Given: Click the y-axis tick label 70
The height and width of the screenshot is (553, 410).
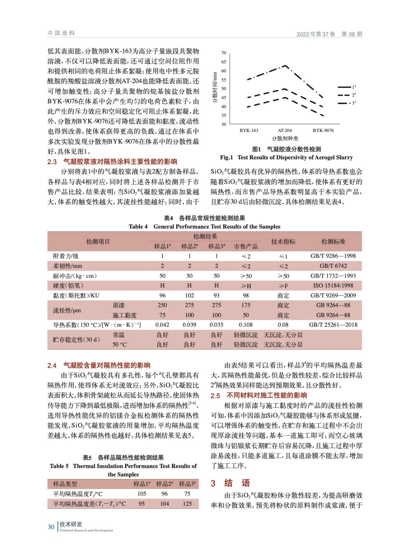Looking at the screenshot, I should [x=223, y=53].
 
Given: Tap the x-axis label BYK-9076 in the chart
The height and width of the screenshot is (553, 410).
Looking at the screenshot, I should [x=323, y=130].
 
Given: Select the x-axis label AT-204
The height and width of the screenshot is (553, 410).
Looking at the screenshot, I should [x=285, y=130].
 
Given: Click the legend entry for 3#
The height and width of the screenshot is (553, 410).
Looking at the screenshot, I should [x=347, y=103].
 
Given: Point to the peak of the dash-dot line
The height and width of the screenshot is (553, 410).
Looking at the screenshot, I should [x=285, y=65].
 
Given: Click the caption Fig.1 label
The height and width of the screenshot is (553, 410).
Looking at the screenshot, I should [x=227, y=157].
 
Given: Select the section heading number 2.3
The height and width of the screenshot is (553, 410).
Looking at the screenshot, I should [x=52, y=162].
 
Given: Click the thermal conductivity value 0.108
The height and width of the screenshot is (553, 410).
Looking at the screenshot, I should [x=246, y=325].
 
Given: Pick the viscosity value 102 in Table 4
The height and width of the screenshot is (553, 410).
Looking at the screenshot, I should [x=189, y=296].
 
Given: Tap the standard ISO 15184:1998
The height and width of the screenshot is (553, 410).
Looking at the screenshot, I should [x=333, y=285].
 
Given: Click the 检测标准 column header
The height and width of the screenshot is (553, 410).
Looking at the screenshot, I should [x=333, y=242].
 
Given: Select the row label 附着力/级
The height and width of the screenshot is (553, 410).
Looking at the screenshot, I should [x=66, y=256].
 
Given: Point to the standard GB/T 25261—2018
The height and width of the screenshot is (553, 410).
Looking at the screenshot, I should [x=333, y=325].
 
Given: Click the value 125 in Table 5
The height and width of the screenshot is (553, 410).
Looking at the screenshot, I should [x=187, y=504].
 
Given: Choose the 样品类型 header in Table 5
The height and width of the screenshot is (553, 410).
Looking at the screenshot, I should [x=65, y=484].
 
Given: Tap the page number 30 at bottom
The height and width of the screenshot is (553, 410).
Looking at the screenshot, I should [x=51, y=527].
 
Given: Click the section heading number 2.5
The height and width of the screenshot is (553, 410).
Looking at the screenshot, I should [x=215, y=396].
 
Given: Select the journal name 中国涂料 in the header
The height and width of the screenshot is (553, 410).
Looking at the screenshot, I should [x=61, y=33].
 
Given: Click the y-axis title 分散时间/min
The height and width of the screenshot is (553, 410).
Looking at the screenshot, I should [x=215, y=88].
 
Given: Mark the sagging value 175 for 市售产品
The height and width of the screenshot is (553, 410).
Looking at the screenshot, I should [x=246, y=305].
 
